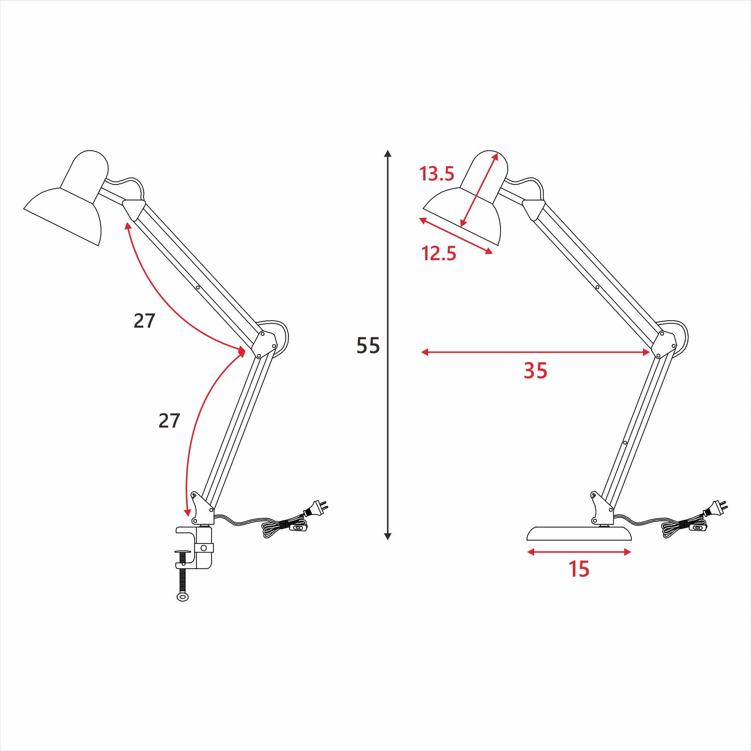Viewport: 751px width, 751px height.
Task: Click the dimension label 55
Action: coord(368,346)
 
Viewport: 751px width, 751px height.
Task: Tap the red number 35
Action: coord(535,371)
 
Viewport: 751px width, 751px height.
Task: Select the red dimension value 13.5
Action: coord(437,174)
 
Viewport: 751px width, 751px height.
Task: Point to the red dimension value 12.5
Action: coord(439,254)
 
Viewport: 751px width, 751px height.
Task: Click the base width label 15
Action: coord(578,569)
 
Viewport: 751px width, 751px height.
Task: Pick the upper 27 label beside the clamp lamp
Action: coord(144,321)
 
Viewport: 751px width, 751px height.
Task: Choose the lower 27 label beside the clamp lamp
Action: coord(169,420)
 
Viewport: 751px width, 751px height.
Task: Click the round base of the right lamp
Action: coord(579,534)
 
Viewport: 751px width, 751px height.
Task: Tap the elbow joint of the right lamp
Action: coord(665,344)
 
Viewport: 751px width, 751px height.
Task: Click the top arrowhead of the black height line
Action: coord(387,154)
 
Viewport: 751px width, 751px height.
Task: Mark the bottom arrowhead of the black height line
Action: coord(387,536)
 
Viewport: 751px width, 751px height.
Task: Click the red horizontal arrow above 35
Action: coord(535,352)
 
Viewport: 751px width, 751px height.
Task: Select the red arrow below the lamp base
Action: coord(579,552)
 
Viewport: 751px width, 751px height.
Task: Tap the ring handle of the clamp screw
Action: coord(183,597)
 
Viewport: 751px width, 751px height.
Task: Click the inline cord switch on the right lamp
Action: coord(698,528)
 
